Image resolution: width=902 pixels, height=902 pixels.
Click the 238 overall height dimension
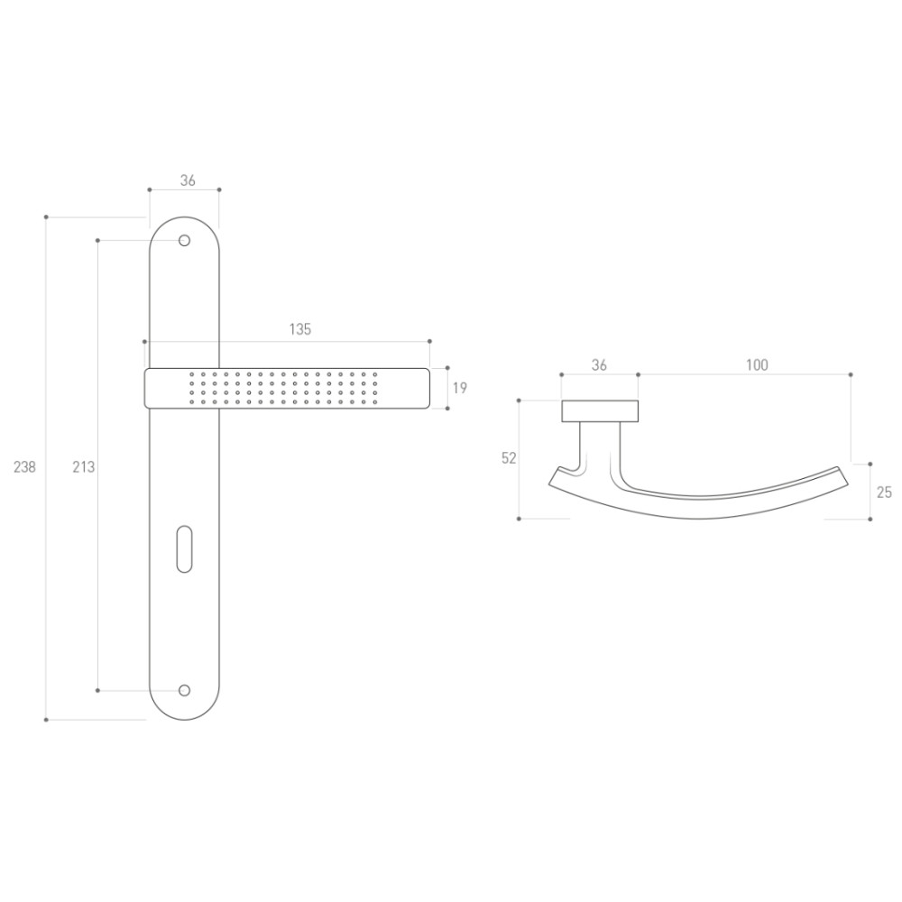(24, 467)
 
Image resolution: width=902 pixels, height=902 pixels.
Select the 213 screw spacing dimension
(83, 467)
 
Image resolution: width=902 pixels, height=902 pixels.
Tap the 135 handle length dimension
(299, 329)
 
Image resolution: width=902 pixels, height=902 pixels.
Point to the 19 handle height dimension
(460, 388)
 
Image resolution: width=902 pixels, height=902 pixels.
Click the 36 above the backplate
(189, 180)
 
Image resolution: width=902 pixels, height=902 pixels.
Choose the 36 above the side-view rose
(599, 365)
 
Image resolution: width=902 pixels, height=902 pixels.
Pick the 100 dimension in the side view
(757, 365)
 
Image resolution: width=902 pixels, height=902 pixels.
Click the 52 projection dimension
(509, 458)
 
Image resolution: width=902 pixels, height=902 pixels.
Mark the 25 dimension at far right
(884, 492)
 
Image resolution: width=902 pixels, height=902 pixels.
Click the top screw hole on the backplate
(184, 241)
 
